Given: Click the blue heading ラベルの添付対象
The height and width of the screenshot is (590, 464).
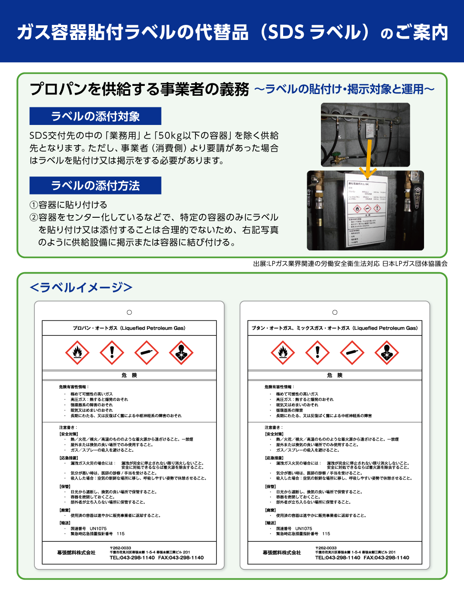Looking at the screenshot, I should click(95, 116).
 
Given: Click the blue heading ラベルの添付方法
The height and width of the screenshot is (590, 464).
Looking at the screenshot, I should click(95, 186).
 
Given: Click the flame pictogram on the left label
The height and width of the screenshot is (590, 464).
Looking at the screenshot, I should click(77, 353).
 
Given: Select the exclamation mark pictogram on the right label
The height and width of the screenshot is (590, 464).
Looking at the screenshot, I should click(317, 353).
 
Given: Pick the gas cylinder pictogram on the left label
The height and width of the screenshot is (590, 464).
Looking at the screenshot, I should click(147, 353).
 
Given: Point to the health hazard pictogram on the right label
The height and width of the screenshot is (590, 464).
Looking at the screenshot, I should click(387, 353).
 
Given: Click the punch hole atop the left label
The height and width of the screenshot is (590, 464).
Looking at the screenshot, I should click(129, 312).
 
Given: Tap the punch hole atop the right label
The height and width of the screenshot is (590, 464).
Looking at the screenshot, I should click(335, 312).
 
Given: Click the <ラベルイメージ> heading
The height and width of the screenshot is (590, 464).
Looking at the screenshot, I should click(81, 287).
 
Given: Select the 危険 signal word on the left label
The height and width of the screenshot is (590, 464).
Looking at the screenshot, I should click(129, 375).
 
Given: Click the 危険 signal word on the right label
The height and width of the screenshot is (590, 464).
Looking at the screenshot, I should click(335, 375).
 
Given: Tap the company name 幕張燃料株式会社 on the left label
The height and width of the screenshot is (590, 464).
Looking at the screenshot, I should click(76, 553).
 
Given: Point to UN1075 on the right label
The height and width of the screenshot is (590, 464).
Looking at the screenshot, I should click(304, 529).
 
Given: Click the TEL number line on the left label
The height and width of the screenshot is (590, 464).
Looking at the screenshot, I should click(157, 558).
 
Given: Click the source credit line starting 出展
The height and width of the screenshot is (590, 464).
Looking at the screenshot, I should click(350, 264).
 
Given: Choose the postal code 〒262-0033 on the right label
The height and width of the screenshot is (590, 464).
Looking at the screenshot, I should click(326, 548).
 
